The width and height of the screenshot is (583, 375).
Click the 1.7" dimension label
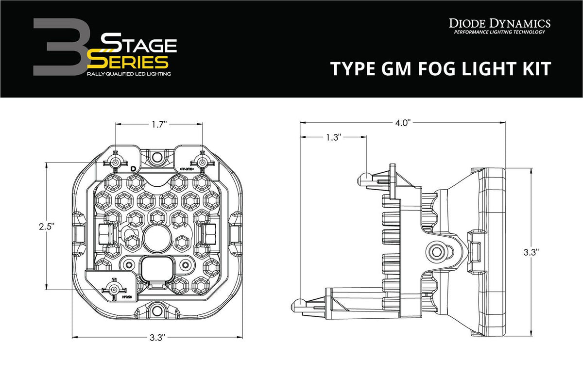click(158, 125)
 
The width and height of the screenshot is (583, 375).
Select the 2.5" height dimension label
click(47, 226)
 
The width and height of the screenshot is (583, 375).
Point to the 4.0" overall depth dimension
click(403, 123)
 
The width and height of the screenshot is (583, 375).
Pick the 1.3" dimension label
click(332, 138)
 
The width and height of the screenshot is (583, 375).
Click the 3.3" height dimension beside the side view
click(531, 252)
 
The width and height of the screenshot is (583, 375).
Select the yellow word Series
click(127, 62)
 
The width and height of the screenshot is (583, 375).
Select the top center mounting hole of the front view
click(156, 157)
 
